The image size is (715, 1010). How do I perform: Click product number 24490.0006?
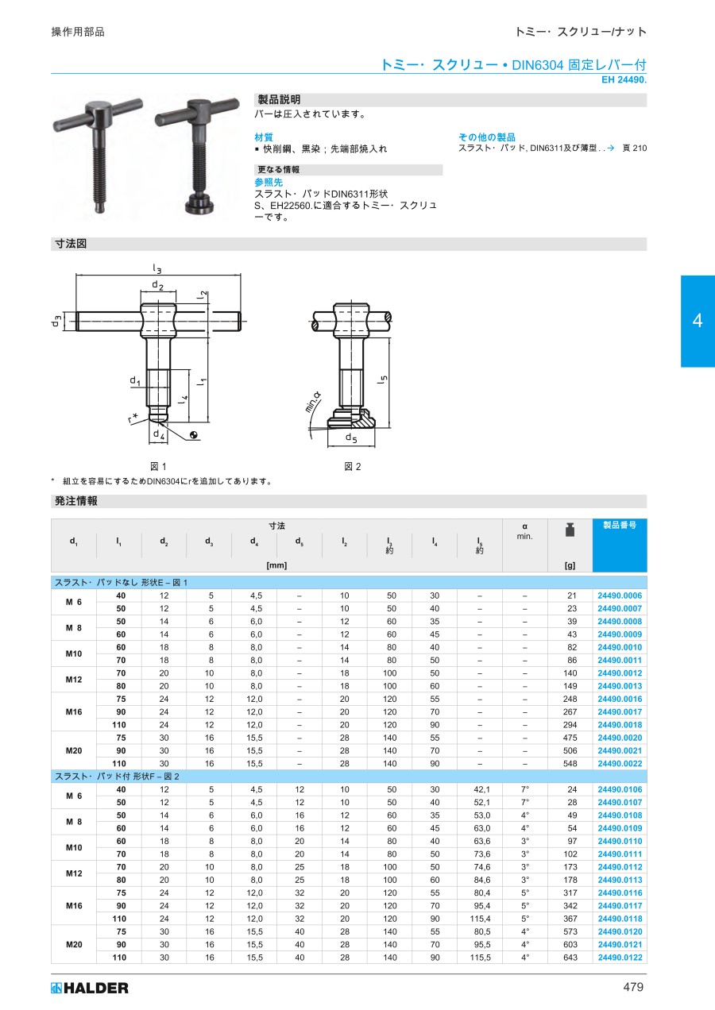620,596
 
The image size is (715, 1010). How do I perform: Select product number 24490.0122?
620,958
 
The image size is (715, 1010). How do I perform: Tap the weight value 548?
570,763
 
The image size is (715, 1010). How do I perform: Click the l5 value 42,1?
481,789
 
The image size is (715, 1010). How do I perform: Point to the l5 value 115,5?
480,958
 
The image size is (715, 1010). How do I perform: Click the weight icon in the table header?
570,530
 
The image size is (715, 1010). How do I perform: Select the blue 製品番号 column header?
620,545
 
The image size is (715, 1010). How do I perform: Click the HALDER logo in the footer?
90,989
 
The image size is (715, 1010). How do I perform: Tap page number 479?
633,987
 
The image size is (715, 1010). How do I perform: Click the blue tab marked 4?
698,321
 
